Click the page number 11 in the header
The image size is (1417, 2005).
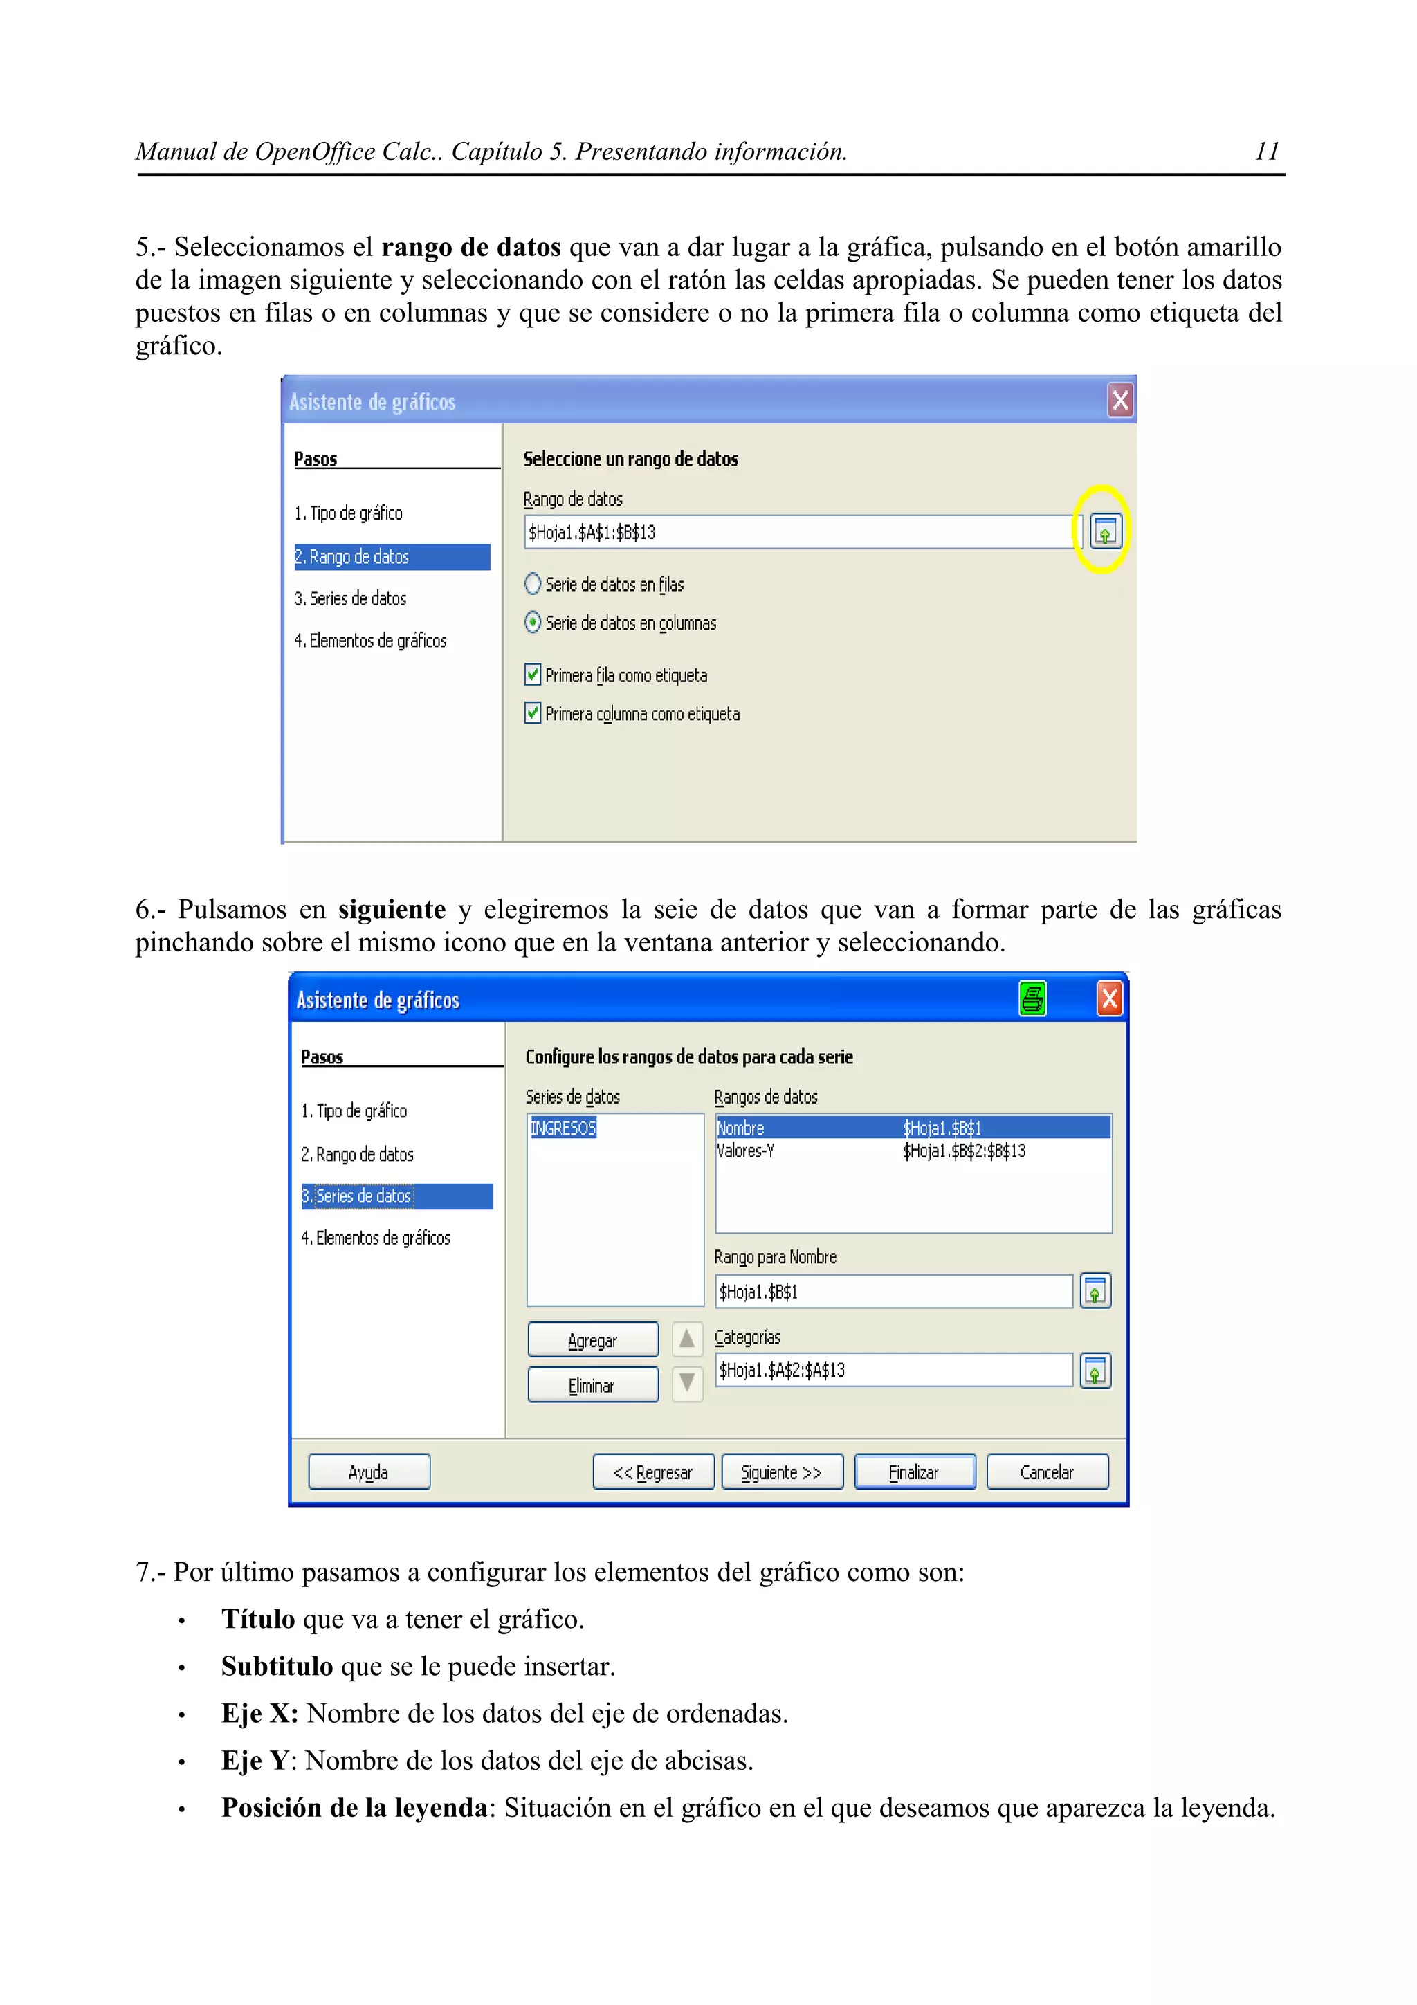pos(1266,152)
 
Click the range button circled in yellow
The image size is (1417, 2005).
pos(1104,531)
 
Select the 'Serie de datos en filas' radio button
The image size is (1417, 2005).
pos(533,583)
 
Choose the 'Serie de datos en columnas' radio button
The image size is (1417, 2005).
pos(533,623)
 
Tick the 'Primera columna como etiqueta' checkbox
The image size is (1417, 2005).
pos(533,713)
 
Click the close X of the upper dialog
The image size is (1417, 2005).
pos(1120,401)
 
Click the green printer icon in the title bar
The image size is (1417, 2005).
pos(1032,998)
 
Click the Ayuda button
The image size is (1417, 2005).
pos(369,1472)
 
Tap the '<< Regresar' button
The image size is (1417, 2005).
pos(653,1472)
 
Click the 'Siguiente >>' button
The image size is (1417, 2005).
pos(781,1472)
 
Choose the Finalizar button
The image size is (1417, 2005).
pos(914,1472)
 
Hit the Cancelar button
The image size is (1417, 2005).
pos(1047,1472)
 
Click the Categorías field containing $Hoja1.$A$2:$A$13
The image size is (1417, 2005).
pos(893,1370)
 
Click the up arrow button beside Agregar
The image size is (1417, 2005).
pos(687,1339)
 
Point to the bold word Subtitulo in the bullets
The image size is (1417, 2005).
pos(277,1666)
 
